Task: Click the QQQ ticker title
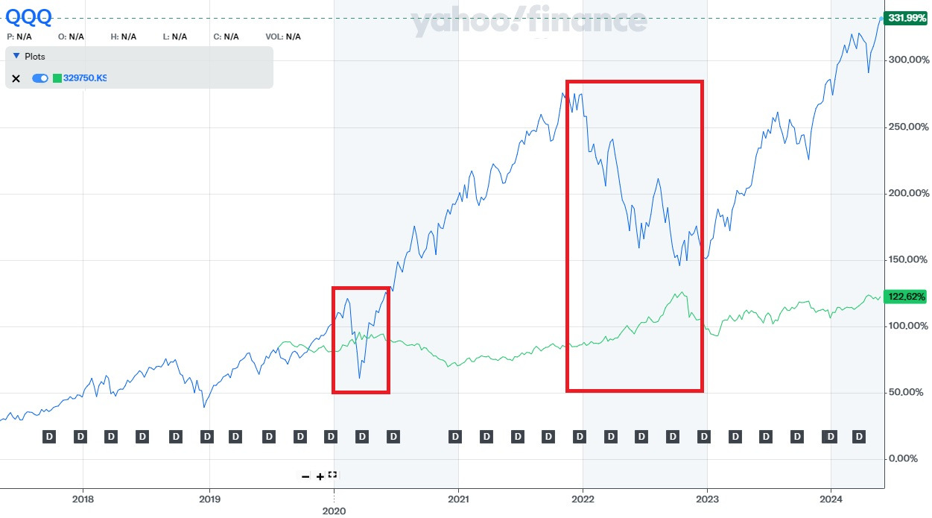[28, 16]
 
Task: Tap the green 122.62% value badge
[904, 297]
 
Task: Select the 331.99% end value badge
[904, 18]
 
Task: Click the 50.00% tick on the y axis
[906, 393]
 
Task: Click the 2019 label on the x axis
[209, 498]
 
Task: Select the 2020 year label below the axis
[334, 511]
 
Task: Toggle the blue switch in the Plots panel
[40, 78]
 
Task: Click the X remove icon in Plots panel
[16, 78]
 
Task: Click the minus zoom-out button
[305, 476]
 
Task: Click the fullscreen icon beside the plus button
[332, 475]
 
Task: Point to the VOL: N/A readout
[283, 37]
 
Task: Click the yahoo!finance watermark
[529, 22]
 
